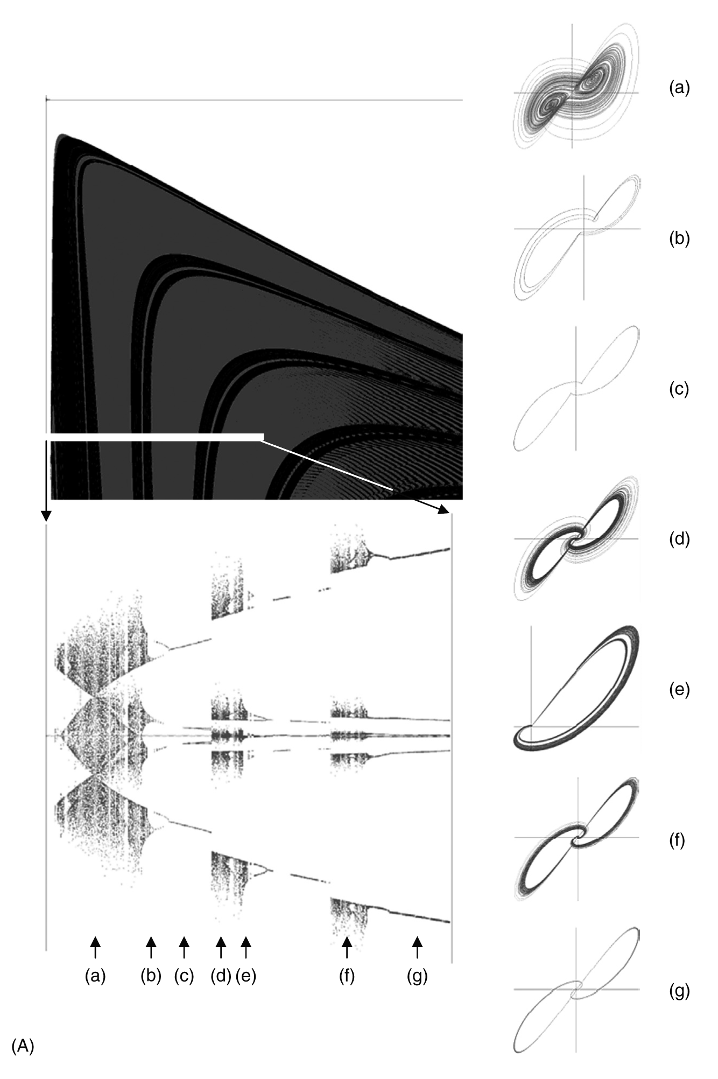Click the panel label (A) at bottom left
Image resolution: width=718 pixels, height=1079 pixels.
click(x=23, y=1046)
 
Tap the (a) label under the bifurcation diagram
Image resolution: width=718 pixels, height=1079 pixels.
click(x=95, y=976)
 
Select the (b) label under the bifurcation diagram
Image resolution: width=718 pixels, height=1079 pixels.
click(x=151, y=976)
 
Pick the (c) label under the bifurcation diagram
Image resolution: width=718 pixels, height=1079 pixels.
click(x=184, y=976)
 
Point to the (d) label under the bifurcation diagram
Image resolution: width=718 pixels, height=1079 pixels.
click(x=221, y=976)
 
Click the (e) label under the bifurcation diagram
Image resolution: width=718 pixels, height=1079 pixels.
click(x=245, y=976)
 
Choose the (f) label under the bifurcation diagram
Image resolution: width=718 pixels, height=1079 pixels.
click(x=347, y=976)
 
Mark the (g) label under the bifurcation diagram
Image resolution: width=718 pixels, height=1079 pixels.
click(x=417, y=976)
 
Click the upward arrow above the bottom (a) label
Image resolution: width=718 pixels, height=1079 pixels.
click(x=95, y=947)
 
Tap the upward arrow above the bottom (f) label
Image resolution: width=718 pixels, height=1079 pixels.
click(x=347, y=947)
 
